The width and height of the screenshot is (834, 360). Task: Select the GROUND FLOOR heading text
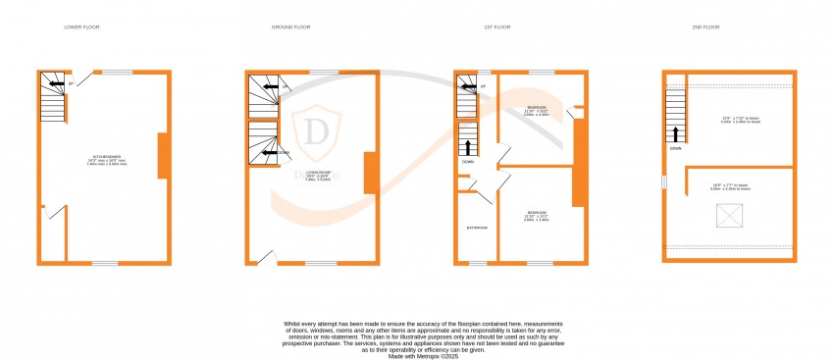coord(290,26)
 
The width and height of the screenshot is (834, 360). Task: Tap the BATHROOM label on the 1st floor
coord(477,228)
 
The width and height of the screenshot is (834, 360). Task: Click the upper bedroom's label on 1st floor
coord(537,109)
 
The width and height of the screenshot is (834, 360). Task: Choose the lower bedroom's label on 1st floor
coord(536,215)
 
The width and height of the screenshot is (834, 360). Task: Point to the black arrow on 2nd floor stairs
coord(675,133)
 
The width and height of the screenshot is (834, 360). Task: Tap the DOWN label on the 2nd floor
coord(676,149)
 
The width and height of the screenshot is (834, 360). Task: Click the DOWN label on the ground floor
coord(283,153)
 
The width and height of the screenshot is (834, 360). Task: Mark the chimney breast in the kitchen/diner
coord(164,156)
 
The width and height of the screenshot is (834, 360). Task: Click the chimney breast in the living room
coord(370,173)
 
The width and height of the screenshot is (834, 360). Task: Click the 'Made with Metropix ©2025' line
coord(416,356)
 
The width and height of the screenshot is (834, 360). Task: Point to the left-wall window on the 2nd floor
coord(664,182)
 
